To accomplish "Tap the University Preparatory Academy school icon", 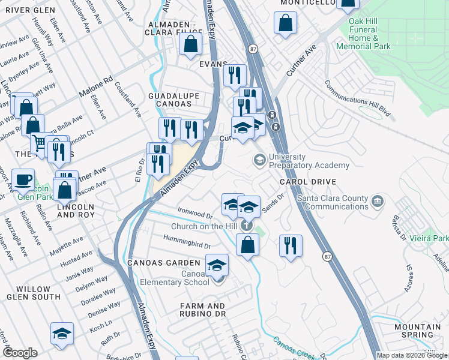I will coord(259,159).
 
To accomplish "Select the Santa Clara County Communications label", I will coord(336,202).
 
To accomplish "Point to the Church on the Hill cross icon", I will coord(246,226).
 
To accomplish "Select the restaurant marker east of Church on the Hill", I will coord(291,247).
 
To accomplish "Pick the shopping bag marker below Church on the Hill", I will coord(247,245).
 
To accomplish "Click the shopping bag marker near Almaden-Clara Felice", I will coord(190,44).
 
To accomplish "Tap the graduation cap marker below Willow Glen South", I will coord(62,334).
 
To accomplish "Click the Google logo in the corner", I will coord(20,353).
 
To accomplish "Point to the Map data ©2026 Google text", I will coord(412,355).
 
